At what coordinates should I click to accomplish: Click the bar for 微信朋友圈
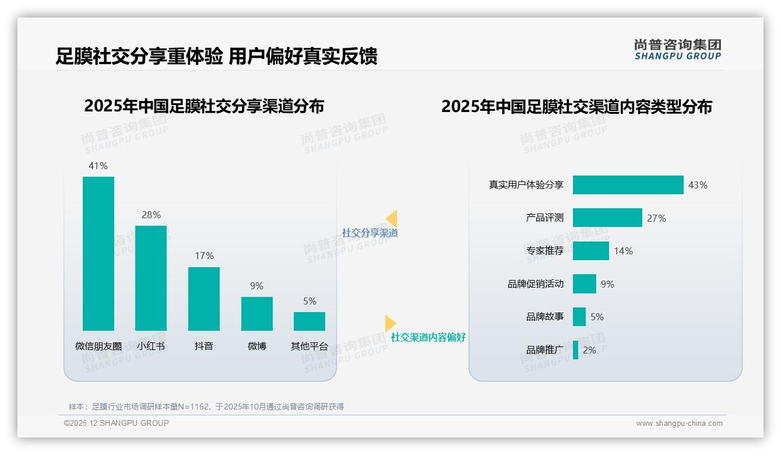[x=98, y=254]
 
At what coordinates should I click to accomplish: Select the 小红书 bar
[x=151, y=278]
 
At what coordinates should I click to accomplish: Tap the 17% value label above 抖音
[x=204, y=256]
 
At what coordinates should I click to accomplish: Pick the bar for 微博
[x=257, y=314]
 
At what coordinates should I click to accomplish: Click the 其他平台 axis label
[x=309, y=346]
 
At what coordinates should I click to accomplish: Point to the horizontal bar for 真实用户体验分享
[x=628, y=185]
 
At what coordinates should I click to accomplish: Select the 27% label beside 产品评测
[x=656, y=218]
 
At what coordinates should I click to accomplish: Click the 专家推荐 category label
[x=545, y=251]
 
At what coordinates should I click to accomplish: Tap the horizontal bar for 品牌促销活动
[x=585, y=284]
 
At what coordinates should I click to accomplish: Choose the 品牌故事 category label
[x=545, y=317]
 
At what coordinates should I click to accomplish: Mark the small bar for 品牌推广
[x=576, y=350]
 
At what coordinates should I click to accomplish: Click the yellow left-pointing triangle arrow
[x=392, y=219]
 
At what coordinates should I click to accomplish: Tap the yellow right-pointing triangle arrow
[x=391, y=323]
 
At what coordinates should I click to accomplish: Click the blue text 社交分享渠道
[x=370, y=233]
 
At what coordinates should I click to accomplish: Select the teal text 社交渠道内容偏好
[x=428, y=337]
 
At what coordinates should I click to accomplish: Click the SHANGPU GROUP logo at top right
[x=678, y=50]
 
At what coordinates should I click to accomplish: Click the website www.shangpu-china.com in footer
[x=679, y=423]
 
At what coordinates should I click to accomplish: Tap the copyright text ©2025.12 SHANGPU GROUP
[x=117, y=423]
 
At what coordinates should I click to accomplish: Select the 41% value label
[x=98, y=166]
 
